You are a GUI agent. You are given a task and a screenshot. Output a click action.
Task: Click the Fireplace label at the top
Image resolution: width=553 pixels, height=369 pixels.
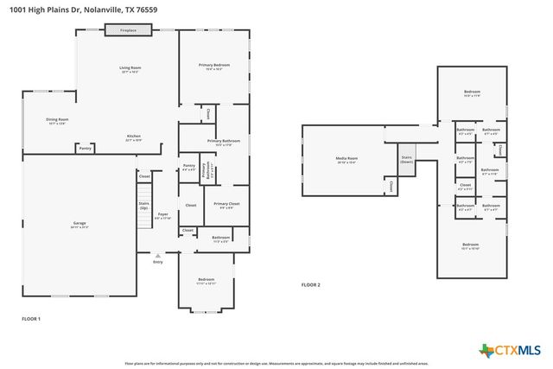[128, 29]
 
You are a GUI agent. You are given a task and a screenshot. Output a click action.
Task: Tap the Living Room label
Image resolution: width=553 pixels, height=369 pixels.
[130, 68]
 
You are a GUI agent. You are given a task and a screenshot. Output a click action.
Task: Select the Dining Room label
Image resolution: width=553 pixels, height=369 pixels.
[57, 120]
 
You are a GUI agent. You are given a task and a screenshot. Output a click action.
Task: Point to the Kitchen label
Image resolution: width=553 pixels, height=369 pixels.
[134, 137]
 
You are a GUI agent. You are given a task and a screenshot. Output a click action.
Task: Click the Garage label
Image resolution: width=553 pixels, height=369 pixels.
[79, 224]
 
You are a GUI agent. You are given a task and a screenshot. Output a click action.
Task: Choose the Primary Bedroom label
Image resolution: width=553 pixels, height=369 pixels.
[214, 66]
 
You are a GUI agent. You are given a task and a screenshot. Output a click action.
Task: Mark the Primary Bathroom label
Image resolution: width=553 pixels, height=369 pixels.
[223, 141]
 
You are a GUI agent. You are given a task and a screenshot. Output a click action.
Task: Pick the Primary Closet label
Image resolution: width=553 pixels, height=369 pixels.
[226, 205]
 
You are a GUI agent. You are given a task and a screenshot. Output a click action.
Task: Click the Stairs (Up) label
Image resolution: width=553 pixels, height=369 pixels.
[143, 206]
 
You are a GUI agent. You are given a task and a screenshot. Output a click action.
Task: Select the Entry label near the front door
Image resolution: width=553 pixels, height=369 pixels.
[157, 262]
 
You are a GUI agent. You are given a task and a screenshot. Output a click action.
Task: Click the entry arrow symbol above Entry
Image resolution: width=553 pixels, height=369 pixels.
[157, 255]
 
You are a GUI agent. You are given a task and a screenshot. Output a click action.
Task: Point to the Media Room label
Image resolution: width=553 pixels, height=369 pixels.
[346, 159]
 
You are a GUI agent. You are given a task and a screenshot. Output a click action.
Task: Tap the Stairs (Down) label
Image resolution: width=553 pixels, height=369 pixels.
[406, 160]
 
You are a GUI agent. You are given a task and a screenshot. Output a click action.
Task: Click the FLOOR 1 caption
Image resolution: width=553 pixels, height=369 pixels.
[31, 319]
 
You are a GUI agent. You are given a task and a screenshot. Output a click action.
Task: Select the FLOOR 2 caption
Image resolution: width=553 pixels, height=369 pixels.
[310, 284]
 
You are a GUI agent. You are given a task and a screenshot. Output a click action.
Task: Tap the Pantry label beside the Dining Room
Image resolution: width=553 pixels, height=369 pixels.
[85, 149]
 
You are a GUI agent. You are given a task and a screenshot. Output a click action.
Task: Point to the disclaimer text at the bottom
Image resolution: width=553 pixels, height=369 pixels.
[276, 364]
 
